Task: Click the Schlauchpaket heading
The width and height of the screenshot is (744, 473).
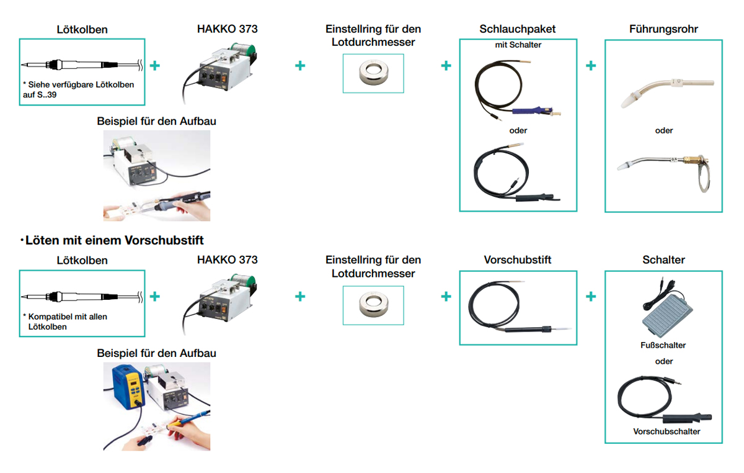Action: click(517, 29)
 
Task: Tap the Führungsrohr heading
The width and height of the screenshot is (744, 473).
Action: click(663, 29)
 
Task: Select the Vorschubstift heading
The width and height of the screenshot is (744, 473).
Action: click(517, 260)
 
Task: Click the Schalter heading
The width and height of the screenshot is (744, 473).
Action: click(663, 260)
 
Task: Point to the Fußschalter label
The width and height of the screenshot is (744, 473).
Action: click(663, 345)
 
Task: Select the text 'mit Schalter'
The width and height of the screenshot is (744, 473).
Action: click(518, 45)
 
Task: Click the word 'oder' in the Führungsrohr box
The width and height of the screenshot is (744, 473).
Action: click(664, 131)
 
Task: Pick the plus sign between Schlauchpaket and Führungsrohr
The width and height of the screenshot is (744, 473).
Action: click(590, 66)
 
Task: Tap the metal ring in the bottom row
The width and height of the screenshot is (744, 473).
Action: click(373, 304)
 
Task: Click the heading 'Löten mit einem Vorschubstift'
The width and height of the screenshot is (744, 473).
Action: click(112, 240)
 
